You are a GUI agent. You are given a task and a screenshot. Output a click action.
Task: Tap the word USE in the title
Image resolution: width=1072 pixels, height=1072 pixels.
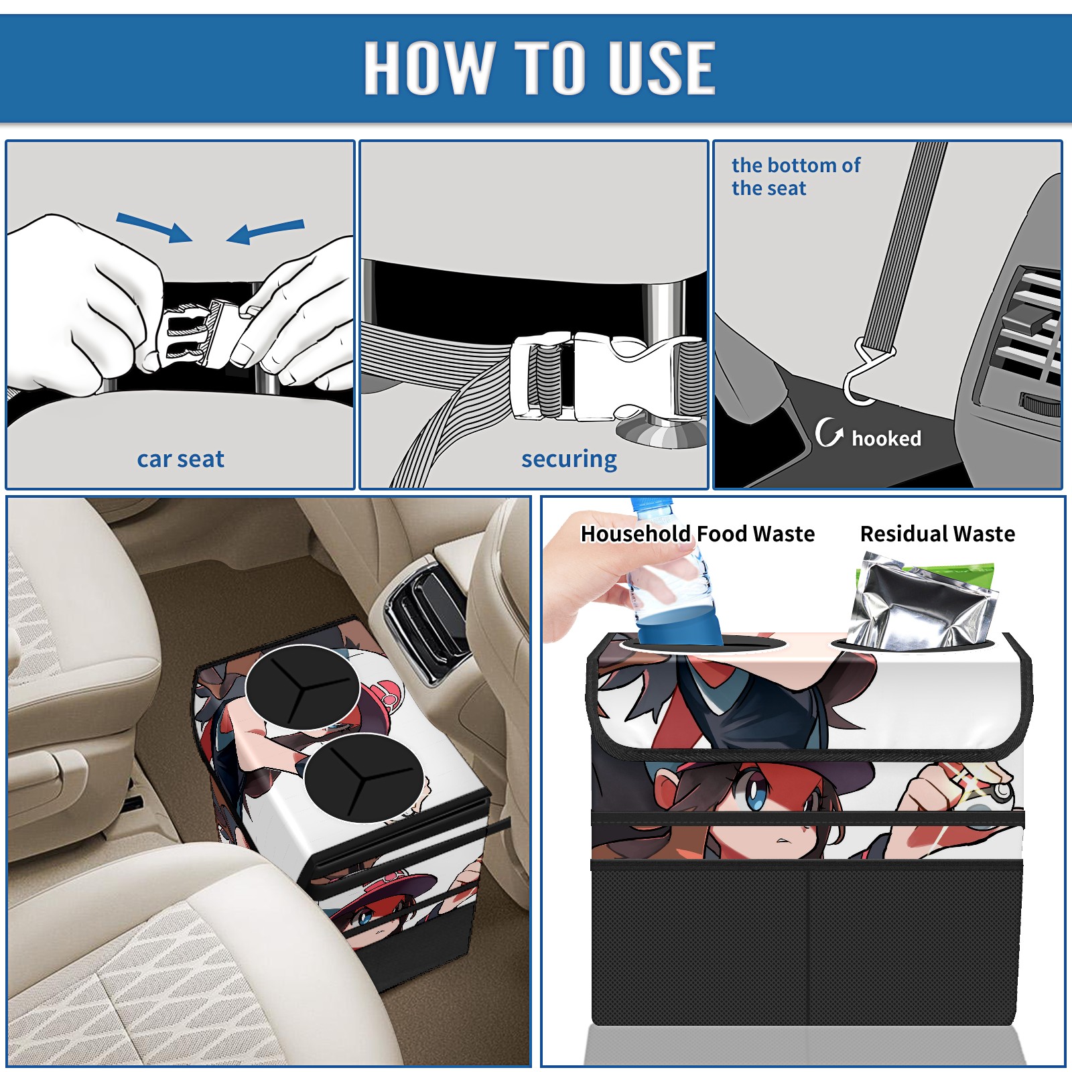(662, 67)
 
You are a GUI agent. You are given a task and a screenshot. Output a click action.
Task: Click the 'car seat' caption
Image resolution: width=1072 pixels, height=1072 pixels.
(180, 460)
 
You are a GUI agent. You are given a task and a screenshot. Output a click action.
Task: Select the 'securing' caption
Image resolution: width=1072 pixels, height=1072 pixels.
(569, 460)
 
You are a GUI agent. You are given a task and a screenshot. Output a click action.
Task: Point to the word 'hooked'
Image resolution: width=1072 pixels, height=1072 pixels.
(886, 438)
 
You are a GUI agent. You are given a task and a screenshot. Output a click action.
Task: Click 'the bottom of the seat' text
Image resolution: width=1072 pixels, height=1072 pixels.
(795, 177)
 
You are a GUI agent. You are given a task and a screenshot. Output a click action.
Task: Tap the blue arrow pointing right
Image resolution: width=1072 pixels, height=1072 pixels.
(154, 228)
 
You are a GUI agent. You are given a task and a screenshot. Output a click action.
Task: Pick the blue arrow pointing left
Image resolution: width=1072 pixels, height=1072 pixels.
(265, 232)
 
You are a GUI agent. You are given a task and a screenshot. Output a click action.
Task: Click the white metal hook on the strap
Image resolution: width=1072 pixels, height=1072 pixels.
(866, 375)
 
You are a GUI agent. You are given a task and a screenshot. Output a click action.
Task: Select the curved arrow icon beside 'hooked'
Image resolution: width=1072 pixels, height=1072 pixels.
(828, 433)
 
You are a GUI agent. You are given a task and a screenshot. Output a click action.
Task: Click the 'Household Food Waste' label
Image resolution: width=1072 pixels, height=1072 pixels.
(697, 534)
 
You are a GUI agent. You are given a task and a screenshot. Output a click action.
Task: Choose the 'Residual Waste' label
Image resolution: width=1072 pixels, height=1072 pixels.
(937, 534)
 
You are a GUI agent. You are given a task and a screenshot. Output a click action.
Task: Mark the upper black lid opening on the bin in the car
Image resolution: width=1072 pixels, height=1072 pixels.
(303, 687)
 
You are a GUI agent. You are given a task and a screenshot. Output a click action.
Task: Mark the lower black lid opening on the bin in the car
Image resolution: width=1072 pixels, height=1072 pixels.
(363, 778)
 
